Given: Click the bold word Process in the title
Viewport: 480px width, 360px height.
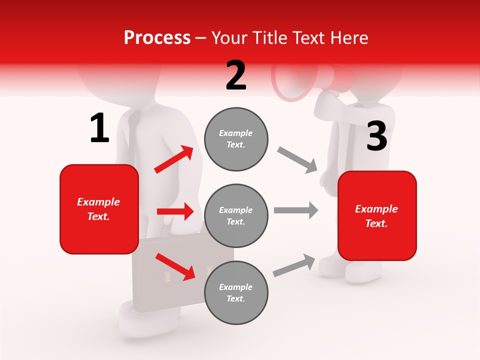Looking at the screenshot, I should pos(157,37).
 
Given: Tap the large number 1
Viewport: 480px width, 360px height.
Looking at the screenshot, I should pos(99,128).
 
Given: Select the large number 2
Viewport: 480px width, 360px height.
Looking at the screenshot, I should pos(236,75).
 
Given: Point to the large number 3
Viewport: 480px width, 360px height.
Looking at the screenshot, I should pos(376,136).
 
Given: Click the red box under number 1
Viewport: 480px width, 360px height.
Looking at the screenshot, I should pos(99,209).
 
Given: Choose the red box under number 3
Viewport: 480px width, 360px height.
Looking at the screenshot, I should pos(377,215).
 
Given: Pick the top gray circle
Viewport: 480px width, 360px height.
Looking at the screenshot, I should pos(236,139).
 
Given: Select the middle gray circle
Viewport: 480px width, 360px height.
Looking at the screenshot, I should pos(236,215).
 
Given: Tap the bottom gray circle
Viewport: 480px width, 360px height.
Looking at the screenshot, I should pos(236,292).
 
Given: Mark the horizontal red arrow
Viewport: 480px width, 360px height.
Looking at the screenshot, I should pos(175,211).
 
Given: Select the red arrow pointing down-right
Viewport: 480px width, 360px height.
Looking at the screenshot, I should pos(175,266).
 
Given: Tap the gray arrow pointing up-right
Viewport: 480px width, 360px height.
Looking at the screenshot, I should pos(294,265).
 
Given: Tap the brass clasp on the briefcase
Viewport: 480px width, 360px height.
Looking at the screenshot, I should pos(167,275).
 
